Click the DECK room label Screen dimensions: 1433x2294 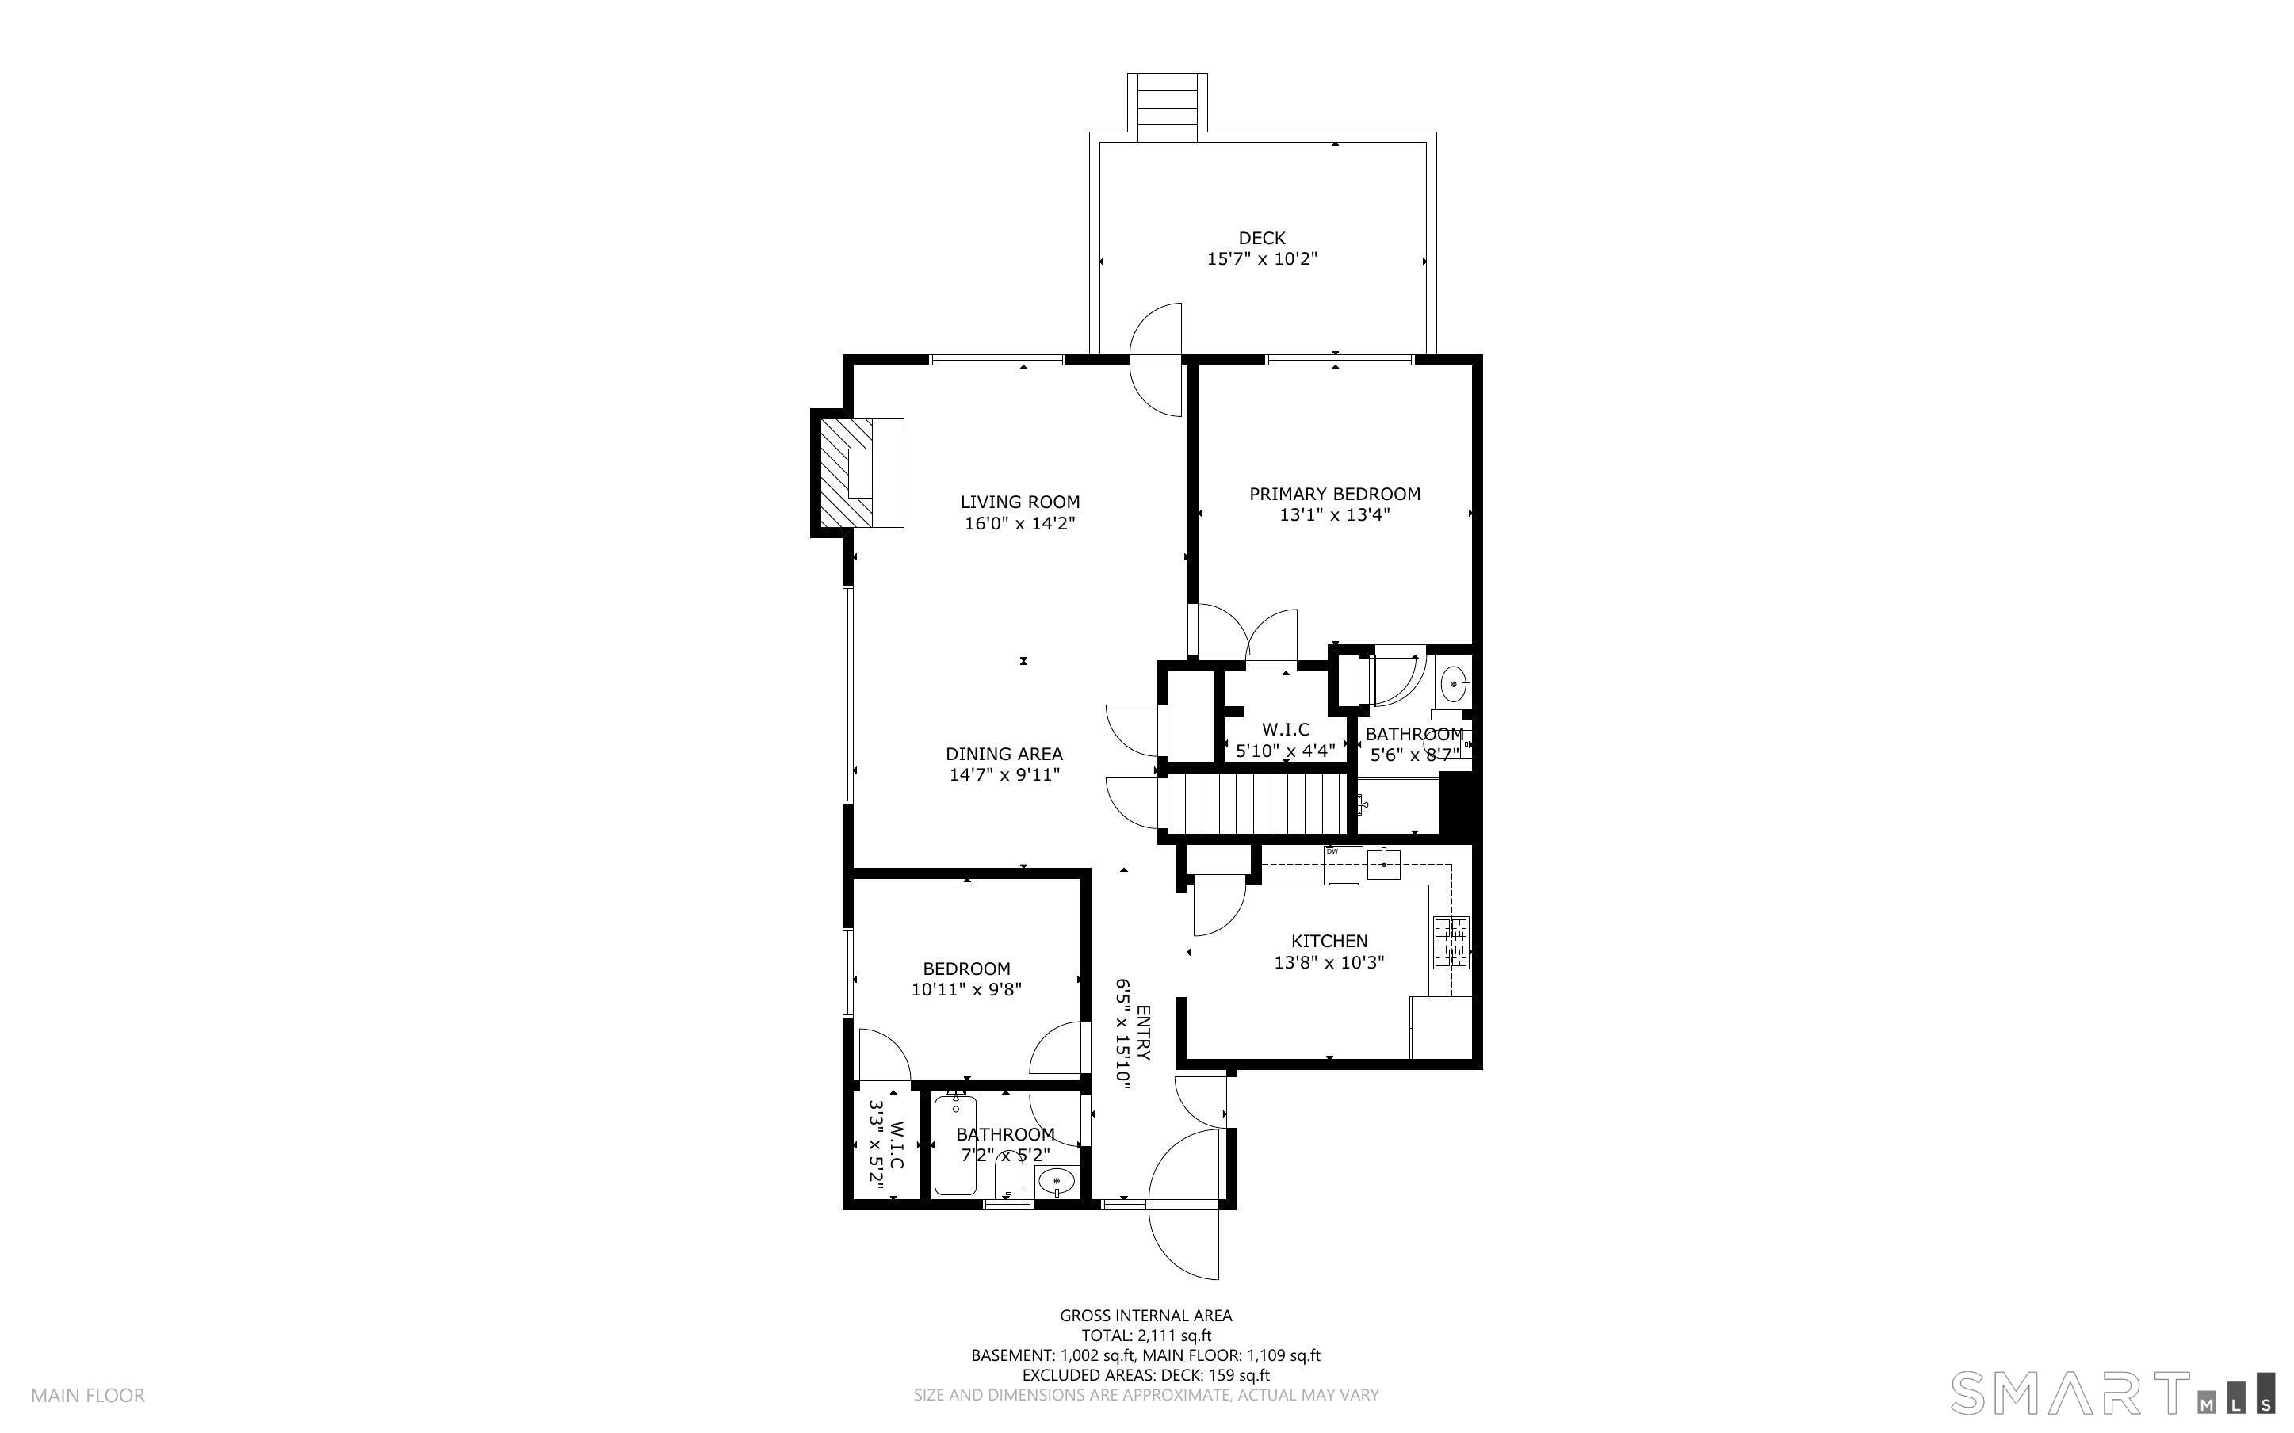tap(1261, 238)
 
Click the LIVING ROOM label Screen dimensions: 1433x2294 tap(1019, 503)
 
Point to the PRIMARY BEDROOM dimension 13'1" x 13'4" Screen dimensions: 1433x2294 tap(1334, 515)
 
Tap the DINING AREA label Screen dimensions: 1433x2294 tap(1004, 755)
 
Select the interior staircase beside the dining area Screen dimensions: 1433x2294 tap(1255, 804)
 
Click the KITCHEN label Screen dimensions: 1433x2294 tap(1329, 941)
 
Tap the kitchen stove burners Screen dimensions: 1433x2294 tap(1450, 942)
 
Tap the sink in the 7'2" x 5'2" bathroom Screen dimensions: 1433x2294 tap(1054, 1182)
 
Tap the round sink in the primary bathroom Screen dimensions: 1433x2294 tap(1454, 683)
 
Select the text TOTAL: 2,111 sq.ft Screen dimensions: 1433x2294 tap(1145, 1336)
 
